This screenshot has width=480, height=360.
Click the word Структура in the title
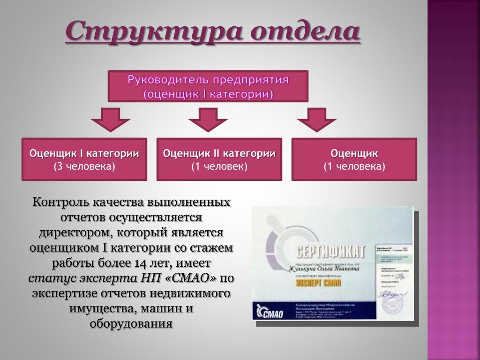(153, 31)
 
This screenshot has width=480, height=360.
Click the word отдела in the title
(305, 31)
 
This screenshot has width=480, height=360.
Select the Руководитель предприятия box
(208, 86)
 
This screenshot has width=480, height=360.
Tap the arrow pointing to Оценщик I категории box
(110, 120)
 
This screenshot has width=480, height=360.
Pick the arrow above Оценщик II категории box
(208, 120)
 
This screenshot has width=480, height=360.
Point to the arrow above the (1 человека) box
(316, 120)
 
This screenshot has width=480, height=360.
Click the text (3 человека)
(84, 166)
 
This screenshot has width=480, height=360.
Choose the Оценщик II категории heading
(219, 154)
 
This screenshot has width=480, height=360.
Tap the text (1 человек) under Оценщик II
(219, 166)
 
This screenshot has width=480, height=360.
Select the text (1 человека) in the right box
(354, 166)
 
